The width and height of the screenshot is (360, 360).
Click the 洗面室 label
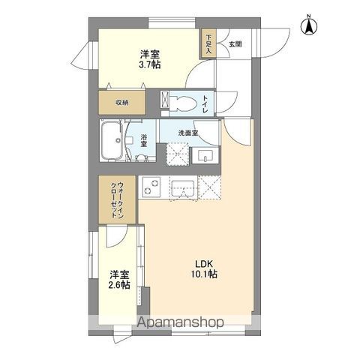point(187,132)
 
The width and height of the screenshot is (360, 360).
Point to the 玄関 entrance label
point(235,44)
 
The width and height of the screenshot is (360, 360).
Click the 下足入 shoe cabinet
point(208,44)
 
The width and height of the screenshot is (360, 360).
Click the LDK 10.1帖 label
point(206,268)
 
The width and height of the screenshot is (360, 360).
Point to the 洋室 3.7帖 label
point(149,59)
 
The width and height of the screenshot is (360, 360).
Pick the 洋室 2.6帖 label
point(119,279)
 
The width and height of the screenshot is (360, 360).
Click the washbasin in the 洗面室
point(206,156)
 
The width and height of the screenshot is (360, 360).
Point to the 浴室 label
point(144,141)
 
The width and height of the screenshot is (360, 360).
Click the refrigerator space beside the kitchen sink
point(210,187)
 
